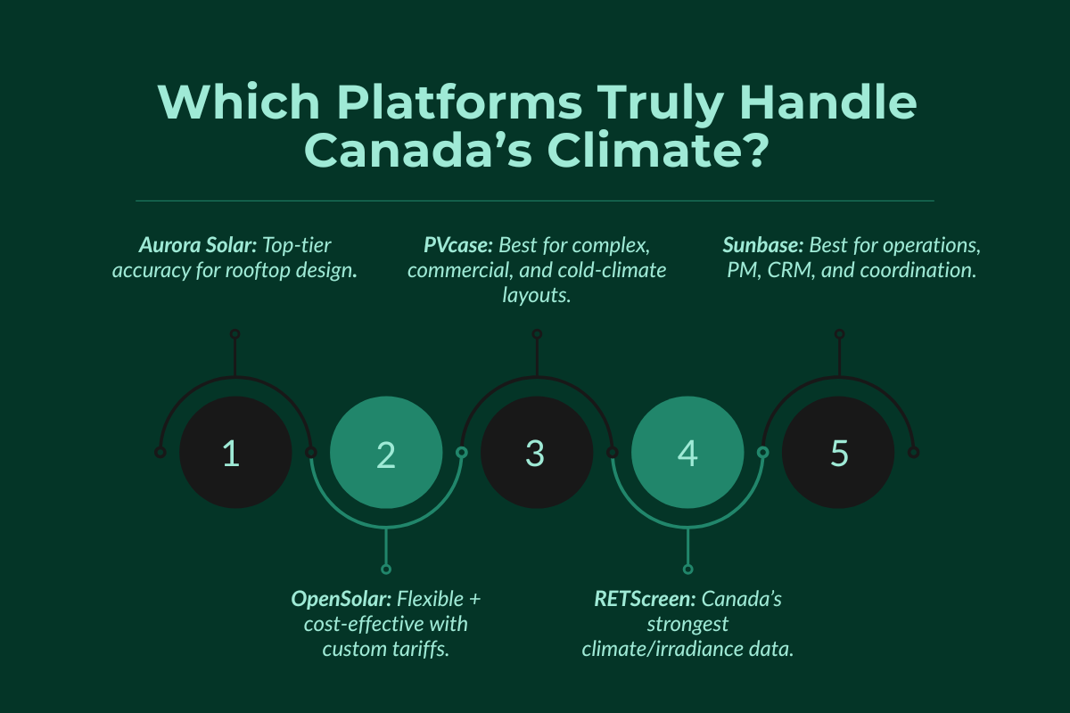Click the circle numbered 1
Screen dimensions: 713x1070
pos(235,453)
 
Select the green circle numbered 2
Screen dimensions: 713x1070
pos(386,453)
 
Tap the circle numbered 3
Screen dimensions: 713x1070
pos(537,453)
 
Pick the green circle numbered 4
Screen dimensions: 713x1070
pos(687,453)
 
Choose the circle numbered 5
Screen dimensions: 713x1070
pos(838,453)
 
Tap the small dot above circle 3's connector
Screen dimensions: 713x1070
pos(537,333)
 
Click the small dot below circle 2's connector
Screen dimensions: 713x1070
pos(386,569)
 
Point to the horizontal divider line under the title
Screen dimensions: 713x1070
pos(535,201)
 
